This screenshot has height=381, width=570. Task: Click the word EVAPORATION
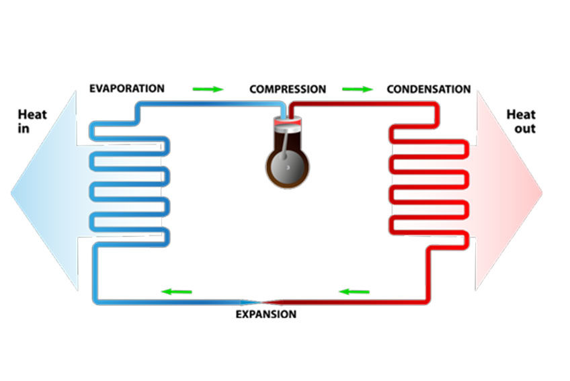pyautogui.click(x=126, y=88)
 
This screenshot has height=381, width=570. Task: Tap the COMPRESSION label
pyautogui.click(x=288, y=89)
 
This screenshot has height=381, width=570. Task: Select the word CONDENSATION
pyautogui.click(x=428, y=89)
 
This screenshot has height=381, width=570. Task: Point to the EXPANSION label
pyautogui.click(x=266, y=314)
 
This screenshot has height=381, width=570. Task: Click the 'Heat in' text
pyautogui.click(x=32, y=121)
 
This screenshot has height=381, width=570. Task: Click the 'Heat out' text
pyautogui.click(x=520, y=121)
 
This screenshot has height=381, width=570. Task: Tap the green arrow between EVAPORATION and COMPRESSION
pyautogui.click(x=208, y=89)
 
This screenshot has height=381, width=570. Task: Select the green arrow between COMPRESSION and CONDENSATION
pyautogui.click(x=357, y=89)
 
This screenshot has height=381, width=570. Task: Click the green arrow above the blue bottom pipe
pyautogui.click(x=176, y=291)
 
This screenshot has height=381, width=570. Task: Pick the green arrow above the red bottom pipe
pyautogui.click(x=354, y=291)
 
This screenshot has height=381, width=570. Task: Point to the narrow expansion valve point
pyautogui.click(x=266, y=302)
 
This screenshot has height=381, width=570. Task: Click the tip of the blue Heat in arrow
pyautogui.click(x=11, y=192)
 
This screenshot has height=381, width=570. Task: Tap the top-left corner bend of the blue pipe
pyautogui.click(x=138, y=105)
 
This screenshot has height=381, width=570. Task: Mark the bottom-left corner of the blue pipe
pyautogui.click(x=95, y=302)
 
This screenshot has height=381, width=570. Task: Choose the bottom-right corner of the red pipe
pyautogui.click(x=428, y=300)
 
